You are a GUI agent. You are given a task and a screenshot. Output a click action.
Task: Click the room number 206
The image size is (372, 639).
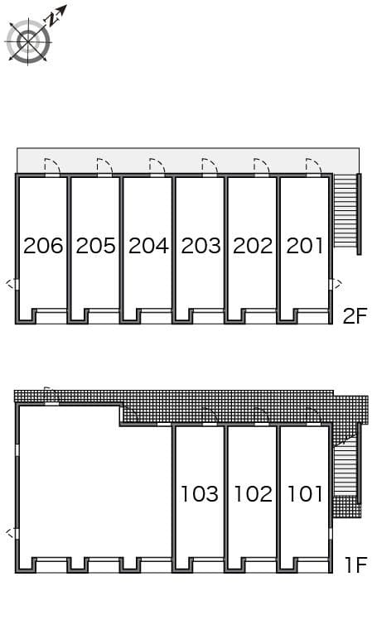pos(43,246)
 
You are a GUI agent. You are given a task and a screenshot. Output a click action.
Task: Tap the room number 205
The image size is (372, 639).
pos(95,246)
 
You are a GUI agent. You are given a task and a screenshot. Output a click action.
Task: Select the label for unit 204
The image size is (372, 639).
pos(148,246)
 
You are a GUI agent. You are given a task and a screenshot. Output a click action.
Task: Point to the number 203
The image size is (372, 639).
pos(200,246)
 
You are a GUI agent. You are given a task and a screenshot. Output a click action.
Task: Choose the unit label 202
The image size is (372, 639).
pos(253,246)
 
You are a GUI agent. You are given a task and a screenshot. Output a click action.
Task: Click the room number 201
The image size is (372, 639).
pos(305,246)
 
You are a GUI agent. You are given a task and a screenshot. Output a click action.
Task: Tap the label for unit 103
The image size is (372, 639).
pos(200,494)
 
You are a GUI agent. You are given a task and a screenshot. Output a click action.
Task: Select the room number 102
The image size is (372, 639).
pos(253,494)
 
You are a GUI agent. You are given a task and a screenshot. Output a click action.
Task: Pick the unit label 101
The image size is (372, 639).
pos(305,494)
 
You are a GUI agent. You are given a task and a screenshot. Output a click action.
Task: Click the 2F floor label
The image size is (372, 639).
pos(354,316)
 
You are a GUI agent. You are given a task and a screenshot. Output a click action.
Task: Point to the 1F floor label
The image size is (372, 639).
pos(355,565)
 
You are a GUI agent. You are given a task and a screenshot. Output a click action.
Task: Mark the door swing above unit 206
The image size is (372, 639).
pos(51,166)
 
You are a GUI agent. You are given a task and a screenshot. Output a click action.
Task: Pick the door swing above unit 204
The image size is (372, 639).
pos(157,166)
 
